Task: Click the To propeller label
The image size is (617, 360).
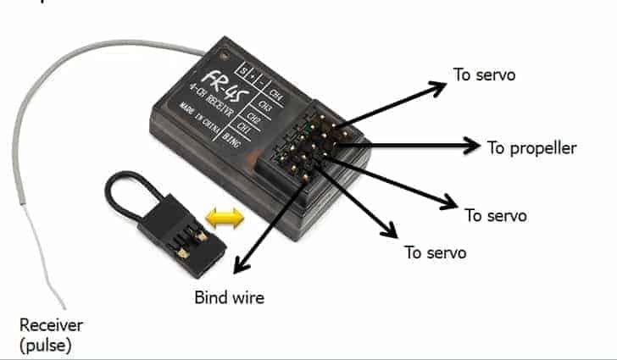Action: [x=531, y=147]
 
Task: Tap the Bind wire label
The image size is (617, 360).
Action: [x=229, y=297]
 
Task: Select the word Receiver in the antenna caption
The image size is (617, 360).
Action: [x=52, y=325]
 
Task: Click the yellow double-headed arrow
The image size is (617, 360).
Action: [x=225, y=218]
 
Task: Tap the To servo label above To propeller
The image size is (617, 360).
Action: [x=484, y=75]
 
